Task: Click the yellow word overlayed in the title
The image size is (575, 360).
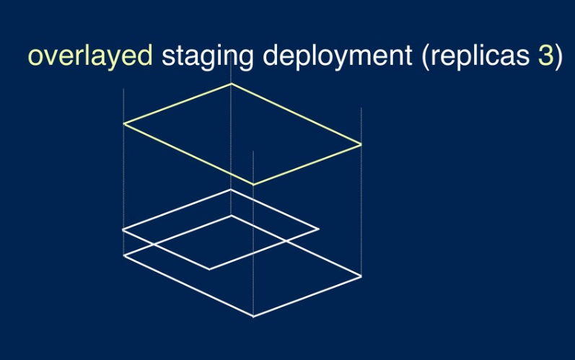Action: tap(90, 57)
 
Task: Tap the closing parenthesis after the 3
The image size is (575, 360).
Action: tap(558, 57)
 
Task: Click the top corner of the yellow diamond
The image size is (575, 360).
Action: tap(231, 84)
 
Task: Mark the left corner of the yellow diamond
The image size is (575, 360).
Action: tap(124, 123)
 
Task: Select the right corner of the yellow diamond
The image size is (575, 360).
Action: tap(361, 145)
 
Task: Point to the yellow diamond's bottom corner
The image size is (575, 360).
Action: tap(253, 185)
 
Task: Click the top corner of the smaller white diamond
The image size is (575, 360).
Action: tap(231, 190)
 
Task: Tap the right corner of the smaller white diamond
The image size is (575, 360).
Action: tap(318, 229)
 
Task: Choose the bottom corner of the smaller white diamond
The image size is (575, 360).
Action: tap(210, 269)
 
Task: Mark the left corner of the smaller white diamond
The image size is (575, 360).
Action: tap(123, 230)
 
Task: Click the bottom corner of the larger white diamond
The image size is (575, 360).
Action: tap(253, 316)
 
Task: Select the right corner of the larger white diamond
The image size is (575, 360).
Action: tap(361, 276)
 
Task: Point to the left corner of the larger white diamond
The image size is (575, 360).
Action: tap(124, 255)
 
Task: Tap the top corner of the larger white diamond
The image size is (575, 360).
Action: tap(231, 215)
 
